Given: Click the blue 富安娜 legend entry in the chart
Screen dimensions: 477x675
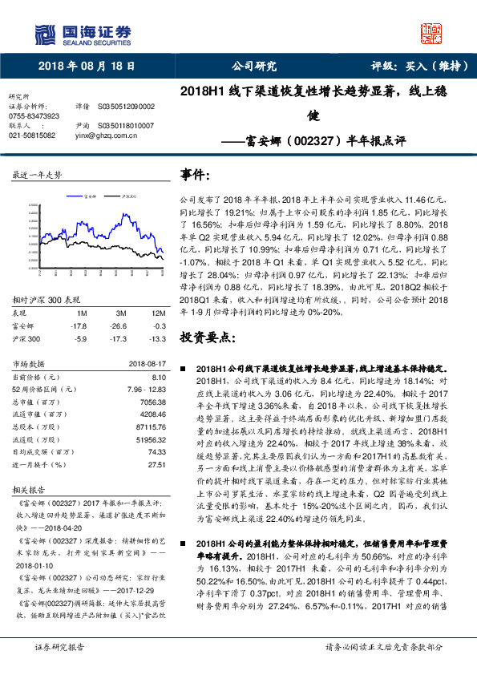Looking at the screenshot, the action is [89, 195].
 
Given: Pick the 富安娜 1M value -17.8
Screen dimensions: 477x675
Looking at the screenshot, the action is [78, 326].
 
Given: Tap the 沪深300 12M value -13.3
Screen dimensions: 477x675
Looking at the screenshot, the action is [156, 338].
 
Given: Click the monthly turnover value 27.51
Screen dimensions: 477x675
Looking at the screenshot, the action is [156, 464].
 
